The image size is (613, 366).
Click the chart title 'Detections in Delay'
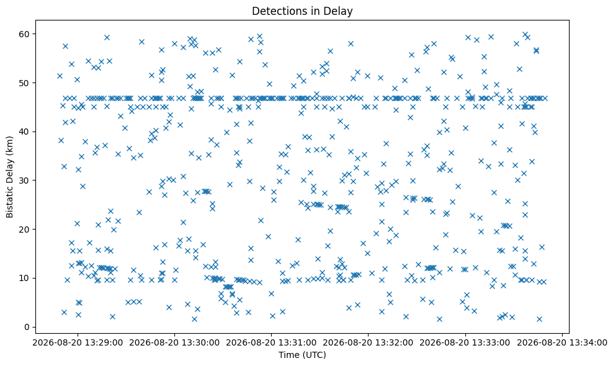pos(302,11)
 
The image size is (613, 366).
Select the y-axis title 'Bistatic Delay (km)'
pos(10,177)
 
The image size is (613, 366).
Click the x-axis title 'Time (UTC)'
pos(302,355)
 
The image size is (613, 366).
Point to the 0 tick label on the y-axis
pos(27,327)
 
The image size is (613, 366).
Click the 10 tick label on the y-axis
pos(25,278)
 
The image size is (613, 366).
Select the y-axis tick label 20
pos(25,229)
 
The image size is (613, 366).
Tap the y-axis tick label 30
pos(25,181)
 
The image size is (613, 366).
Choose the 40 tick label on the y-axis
pos(25,132)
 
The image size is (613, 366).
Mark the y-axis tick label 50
pos(25,83)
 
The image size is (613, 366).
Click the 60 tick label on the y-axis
pos(25,34)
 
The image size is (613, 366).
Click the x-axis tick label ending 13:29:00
pos(78,343)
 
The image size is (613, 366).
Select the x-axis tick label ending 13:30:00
pos(174,343)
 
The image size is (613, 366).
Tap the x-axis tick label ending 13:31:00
pos(271,343)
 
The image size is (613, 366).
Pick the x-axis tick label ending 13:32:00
pos(369,343)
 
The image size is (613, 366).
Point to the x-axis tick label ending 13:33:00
pos(465,343)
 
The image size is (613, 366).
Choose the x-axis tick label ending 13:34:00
pos(562,343)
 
